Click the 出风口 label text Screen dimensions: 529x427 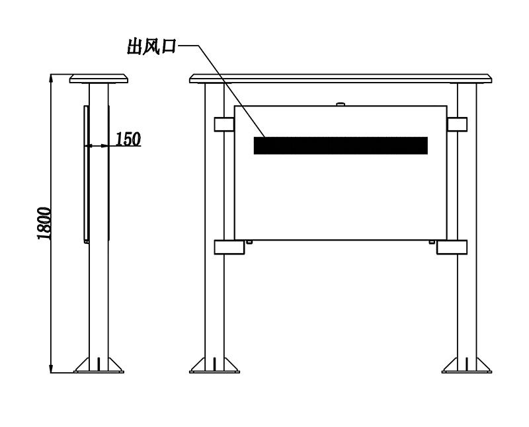pyautogui.click(x=151, y=46)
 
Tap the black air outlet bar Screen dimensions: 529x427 pyautogui.click(x=341, y=145)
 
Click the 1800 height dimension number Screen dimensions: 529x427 pyautogui.click(x=44, y=223)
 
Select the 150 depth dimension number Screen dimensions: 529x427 pyautogui.click(x=128, y=139)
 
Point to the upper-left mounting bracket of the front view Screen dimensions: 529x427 pyautogui.click(x=224, y=124)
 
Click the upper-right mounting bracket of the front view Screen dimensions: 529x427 pyautogui.click(x=457, y=124)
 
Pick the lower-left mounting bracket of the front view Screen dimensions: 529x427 pyautogui.click(x=229, y=247)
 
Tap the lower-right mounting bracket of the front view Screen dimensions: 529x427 pyautogui.click(x=452, y=247)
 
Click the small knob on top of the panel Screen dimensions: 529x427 pyautogui.click(x=341, y=104)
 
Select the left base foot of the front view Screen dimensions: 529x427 pyautogui.click(x=214, y=366)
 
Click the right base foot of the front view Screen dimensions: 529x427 pyautogui.click(x=467, y=366)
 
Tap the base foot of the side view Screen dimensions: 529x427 pyautogui.click(x=99, y=366)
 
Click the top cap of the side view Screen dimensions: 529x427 pyautogui.click(x=99, y=79)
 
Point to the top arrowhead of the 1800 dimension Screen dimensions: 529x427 pyautogui.click(x=51, y=78)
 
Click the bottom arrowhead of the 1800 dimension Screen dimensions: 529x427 pyautogui.click(x=51, y=369)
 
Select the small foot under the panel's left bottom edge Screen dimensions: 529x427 pyautogui.click(x=249, y=242)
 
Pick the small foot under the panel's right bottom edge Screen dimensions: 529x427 pyautogui.click(x=432, y=242)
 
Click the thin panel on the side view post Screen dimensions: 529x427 pyautogui.click(x=87, y=175)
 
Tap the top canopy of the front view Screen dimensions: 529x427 pyautogui.click(x=341, y=79)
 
